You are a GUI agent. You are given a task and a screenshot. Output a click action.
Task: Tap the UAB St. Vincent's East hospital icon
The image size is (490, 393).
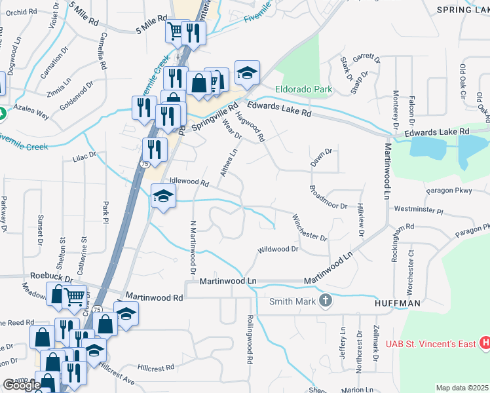pyautogui.click(x=485, y=342)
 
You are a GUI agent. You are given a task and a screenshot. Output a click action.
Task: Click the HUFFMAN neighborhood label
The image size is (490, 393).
pyautogui.click(x=397, y=304)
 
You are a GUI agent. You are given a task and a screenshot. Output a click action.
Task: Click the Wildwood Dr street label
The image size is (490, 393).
pyautogui.click(x=278, y=250)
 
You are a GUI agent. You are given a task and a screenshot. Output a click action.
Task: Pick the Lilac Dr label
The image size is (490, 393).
pyautogui.click(x=85, y=157)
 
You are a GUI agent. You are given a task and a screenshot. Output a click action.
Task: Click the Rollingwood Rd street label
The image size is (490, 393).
pyautogui.click(x=250, y=338)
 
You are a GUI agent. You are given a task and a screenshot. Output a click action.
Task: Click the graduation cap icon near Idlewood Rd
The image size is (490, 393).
pyautogui.click(x=164, y=196)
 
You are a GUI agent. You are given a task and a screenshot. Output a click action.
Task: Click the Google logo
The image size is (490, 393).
pyautogui.click(x=21, y=386)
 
